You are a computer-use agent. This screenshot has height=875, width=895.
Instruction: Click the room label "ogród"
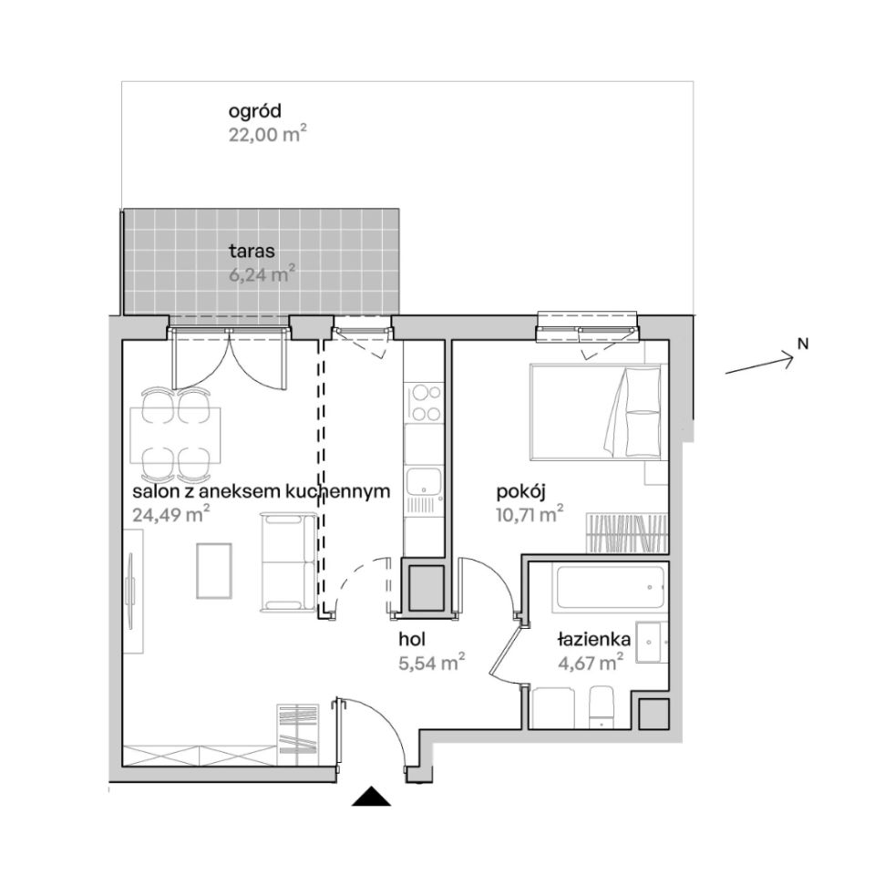(255, 111)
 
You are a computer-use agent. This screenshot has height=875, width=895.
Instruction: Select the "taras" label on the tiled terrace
(252, 251)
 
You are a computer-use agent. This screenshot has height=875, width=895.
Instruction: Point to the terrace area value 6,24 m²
(262, 275)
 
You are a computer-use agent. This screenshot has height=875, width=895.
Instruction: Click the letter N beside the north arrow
(803, 344)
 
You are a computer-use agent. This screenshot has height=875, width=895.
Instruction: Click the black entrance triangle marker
(371, 796)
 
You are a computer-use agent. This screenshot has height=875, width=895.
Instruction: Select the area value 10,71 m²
(530, 514)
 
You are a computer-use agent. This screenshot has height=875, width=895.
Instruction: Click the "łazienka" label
(594, 639)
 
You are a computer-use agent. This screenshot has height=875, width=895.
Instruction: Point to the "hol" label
(412, 639)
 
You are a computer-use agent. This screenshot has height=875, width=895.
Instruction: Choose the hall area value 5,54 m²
(431, 664)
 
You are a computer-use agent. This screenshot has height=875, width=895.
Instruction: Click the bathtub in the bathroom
(610, 587)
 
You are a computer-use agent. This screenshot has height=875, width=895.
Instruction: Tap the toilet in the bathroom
(601, 706)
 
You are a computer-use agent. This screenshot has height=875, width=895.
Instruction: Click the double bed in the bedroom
(596, 412)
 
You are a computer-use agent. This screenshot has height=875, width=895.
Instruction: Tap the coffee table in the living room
(214, 571)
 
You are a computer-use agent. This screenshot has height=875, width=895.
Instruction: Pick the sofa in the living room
(288, 561)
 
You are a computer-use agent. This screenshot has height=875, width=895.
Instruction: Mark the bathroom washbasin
(651, 643)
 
